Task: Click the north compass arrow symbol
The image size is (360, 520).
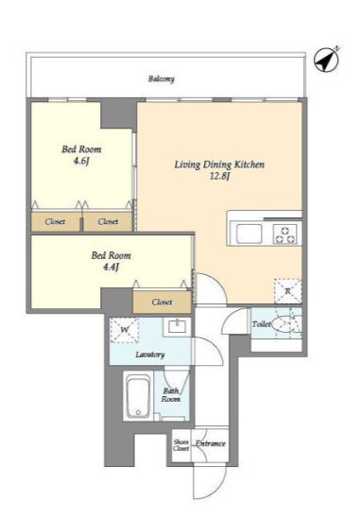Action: tap(327, 61)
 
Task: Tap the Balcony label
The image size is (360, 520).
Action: tap(162, 78)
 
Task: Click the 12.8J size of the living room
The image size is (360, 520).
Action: tap(220, 176)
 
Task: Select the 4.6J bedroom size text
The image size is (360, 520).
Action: tap(81, 161)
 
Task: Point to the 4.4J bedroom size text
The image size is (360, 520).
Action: tap(111, 267)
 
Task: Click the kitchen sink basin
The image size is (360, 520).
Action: tap(249, 234)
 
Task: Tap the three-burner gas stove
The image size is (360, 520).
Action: tap(285, 234)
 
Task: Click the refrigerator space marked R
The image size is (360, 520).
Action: tap(288, 291)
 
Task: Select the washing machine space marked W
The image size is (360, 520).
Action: tap(125, 330)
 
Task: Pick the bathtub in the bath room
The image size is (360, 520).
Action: tap(138, 396)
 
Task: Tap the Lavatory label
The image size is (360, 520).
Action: tap(150, 355)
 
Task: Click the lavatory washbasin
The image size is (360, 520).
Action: tap(178, 327)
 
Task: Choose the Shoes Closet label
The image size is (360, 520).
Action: tap(181, 445)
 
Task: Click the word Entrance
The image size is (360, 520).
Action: tap(211, 443)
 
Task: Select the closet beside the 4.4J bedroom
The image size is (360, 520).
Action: tap(163, 302)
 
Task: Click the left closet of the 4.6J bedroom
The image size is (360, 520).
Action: tap(56, 221)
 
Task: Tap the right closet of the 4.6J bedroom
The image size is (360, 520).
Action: tap(108, 221)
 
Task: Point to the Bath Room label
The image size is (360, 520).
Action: tap(171, 395)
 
